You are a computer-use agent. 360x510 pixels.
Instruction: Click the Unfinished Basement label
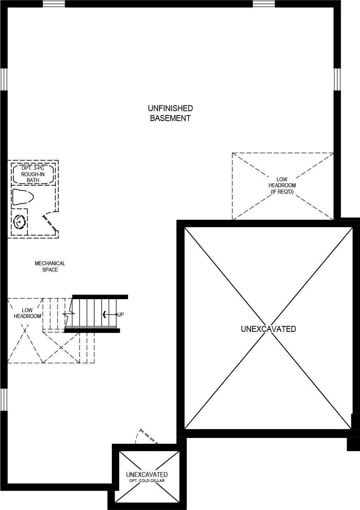click(x=170, y=113)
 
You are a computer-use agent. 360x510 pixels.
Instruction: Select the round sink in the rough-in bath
click(x=19, y=222)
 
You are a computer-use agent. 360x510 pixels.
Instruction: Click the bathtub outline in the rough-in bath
click(x=33, y=174)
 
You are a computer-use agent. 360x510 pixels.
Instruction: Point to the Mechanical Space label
click(x=50, y=266)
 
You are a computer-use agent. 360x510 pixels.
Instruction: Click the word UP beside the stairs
click(x=121, y=315)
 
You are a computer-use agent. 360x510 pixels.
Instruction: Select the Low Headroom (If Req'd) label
click(x=282, y=186)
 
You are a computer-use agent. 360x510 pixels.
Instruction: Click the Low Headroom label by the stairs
click(x=28, y=313)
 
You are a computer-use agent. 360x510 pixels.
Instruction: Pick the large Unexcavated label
click(x=268, y=329)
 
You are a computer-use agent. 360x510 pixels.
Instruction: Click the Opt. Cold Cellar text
click(x=147, y=481)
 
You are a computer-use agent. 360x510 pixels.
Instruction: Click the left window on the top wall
click(x=54, y=4)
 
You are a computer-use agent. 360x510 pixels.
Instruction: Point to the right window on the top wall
click(x=264, y=4)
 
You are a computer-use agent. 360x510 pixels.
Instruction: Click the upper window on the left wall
click(x=4, y=80)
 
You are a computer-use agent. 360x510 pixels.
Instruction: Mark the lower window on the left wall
click(x=4, y=400)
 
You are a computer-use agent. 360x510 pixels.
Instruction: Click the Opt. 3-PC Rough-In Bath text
click(x=33, y=174)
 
